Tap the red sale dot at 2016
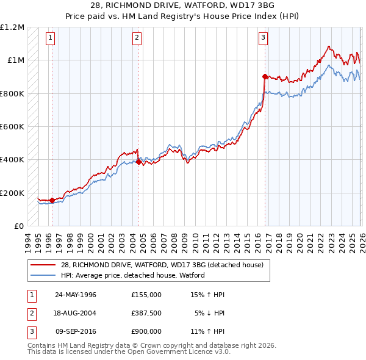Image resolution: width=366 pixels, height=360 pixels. point(265,77)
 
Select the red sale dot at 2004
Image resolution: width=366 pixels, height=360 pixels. point(138,162)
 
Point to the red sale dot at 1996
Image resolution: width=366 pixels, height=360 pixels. point(52,200)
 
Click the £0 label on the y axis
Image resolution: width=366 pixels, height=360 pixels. point(18,226)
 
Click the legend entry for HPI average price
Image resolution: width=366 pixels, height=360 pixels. point(132,275)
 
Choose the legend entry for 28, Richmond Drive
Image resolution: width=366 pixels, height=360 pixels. point(162,265)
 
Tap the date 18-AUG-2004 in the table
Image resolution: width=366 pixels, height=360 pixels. point(76,312)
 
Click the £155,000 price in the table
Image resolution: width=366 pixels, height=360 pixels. point(146,295)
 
